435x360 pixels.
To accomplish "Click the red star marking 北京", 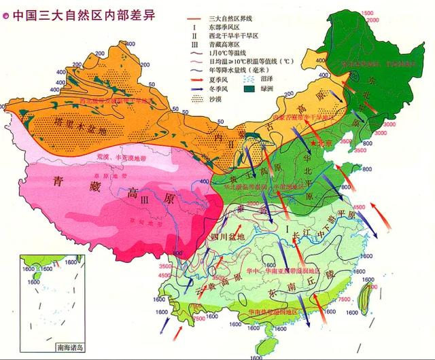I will click(x=313, y=144).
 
